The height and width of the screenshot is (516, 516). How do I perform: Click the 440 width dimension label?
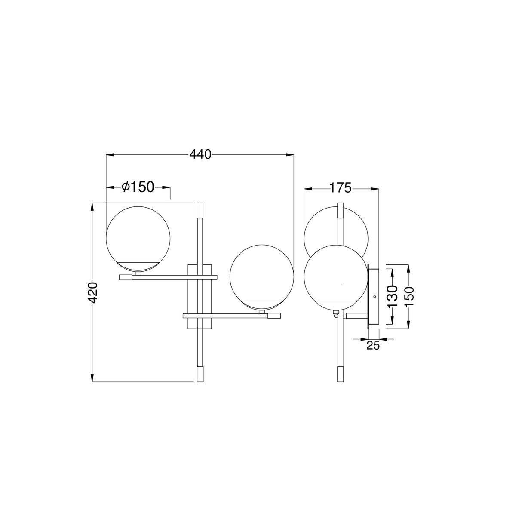tap(200, 154)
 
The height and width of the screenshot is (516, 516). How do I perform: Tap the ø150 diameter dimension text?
tap(138, 187)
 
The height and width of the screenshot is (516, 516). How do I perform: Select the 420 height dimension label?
tap(92, 293)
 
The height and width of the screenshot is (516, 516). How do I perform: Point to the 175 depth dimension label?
tap(340, 188)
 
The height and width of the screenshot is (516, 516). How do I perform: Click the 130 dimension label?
tap(393, 296)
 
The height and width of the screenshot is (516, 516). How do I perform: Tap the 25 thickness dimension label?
tap(373, 346)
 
